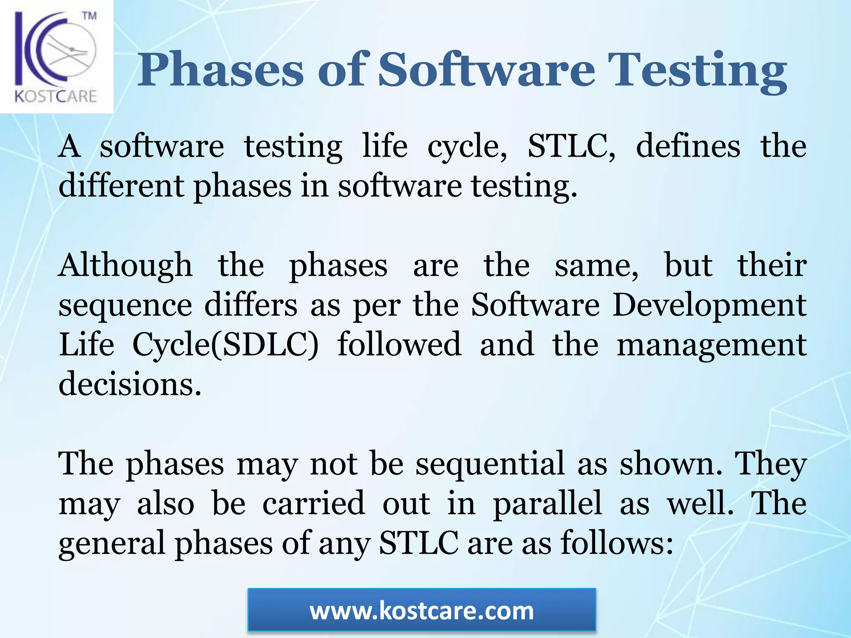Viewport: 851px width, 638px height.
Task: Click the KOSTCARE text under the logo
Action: tap(56, 96)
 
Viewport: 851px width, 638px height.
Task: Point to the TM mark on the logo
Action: tap(89, 16)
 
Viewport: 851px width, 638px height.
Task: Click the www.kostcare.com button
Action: tap(421, 611)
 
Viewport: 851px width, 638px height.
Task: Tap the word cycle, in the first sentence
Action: tap(467, 147)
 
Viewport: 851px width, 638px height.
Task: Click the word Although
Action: tap(125, 265)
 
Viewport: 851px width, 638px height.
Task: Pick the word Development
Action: tap(709, 306)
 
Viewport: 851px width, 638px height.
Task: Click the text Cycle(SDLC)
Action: tap(225, 345)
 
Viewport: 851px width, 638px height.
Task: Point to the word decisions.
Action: tap(130, 383)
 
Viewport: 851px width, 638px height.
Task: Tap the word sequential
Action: tap(490, 464)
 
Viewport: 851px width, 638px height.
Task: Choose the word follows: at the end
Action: tap(617, 543)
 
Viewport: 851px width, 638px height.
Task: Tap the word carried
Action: tap(314, 504)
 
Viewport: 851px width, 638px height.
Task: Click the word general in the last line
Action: tap(112, 544)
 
